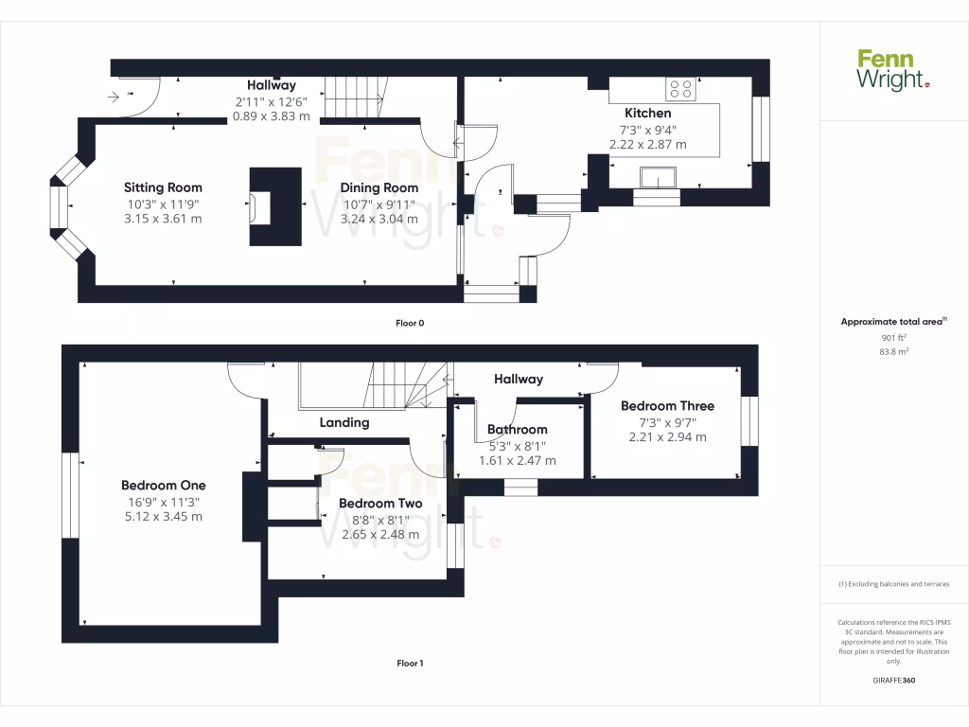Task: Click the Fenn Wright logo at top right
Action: (892, 70)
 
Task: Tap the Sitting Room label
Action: (163, 187)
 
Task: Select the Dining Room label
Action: (379, 187)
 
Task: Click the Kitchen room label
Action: (647, 113)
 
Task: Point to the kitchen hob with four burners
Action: (680, 89)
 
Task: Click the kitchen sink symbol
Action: (657, 177)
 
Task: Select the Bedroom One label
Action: (163, 486)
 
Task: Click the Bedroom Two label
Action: (379, 503)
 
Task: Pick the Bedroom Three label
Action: (667, 405)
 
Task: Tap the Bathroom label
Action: (517, 429)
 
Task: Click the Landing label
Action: (344, 422)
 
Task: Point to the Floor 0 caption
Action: (410, 323)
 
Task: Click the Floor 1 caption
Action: (410, 664)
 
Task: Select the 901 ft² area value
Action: (893, 337)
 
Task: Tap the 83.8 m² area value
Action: (893, 351)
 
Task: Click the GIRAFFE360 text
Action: (893, 681)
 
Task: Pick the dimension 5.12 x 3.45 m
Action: (163, 517)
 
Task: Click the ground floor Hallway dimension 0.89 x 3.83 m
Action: (272, 116)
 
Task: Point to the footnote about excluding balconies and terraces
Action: (893, 584)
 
